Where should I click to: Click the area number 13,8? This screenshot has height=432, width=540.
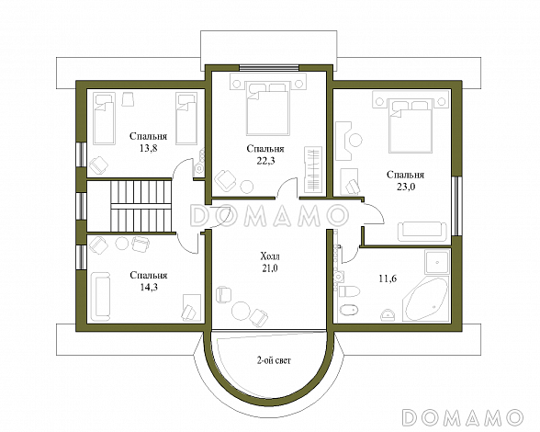(149, 148)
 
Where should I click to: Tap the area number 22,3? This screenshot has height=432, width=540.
(265, 161)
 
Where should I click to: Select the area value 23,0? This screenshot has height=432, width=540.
(406, 187)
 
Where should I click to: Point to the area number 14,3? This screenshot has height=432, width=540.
(149, 287)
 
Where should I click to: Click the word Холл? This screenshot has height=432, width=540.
(270, 256)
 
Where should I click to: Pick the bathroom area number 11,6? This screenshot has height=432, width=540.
(388, 279)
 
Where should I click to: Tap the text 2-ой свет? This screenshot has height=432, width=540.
(274, 360)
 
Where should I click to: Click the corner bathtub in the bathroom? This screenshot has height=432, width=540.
(426, 299)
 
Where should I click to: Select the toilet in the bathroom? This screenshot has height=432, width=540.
(349, 291)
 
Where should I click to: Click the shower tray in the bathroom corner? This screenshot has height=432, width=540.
(437, 262)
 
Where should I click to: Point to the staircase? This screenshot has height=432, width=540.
(141, 206)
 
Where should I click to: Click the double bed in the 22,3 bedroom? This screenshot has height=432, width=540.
(267, 108)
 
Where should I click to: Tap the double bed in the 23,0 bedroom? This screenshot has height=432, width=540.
(411, 126)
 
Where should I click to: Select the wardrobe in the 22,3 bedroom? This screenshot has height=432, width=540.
(313, 170)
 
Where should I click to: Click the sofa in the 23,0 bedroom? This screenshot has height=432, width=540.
(422, 232)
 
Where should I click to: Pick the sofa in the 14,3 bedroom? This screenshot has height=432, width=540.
(101, 296)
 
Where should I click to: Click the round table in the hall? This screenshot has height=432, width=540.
(241, 311)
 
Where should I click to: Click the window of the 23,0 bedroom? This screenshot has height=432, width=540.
(456, 206)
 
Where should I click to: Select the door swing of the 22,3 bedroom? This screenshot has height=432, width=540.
(287, 188)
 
